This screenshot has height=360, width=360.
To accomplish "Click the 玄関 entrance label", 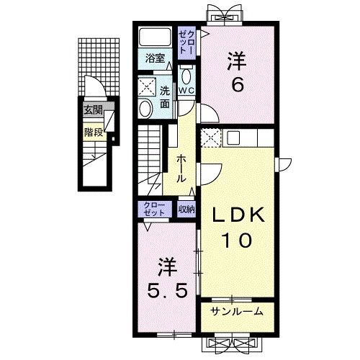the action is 93,111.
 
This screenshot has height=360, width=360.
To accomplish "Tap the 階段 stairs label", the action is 94,132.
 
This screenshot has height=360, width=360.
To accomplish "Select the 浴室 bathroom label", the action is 155,58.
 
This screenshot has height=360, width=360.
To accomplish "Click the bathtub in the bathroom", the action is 155,37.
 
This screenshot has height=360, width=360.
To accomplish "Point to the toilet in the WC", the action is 186,76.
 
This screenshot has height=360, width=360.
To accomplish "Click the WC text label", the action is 186,91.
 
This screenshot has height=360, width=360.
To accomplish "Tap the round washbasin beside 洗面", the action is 145,109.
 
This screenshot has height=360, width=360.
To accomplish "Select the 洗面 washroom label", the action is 165,97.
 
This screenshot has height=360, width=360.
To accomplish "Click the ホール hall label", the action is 181,168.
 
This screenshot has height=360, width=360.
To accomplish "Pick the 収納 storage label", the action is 186,210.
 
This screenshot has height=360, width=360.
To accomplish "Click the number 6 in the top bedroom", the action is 238,85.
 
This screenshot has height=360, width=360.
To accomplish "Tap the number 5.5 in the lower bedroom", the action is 167,291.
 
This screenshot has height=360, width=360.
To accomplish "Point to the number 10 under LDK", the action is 238,240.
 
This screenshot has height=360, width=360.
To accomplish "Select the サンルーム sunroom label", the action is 237,312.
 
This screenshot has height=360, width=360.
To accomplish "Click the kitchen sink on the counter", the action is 233,138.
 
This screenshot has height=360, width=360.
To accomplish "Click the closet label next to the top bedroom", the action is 186,42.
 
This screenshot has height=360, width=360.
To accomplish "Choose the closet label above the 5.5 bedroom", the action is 154,209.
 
